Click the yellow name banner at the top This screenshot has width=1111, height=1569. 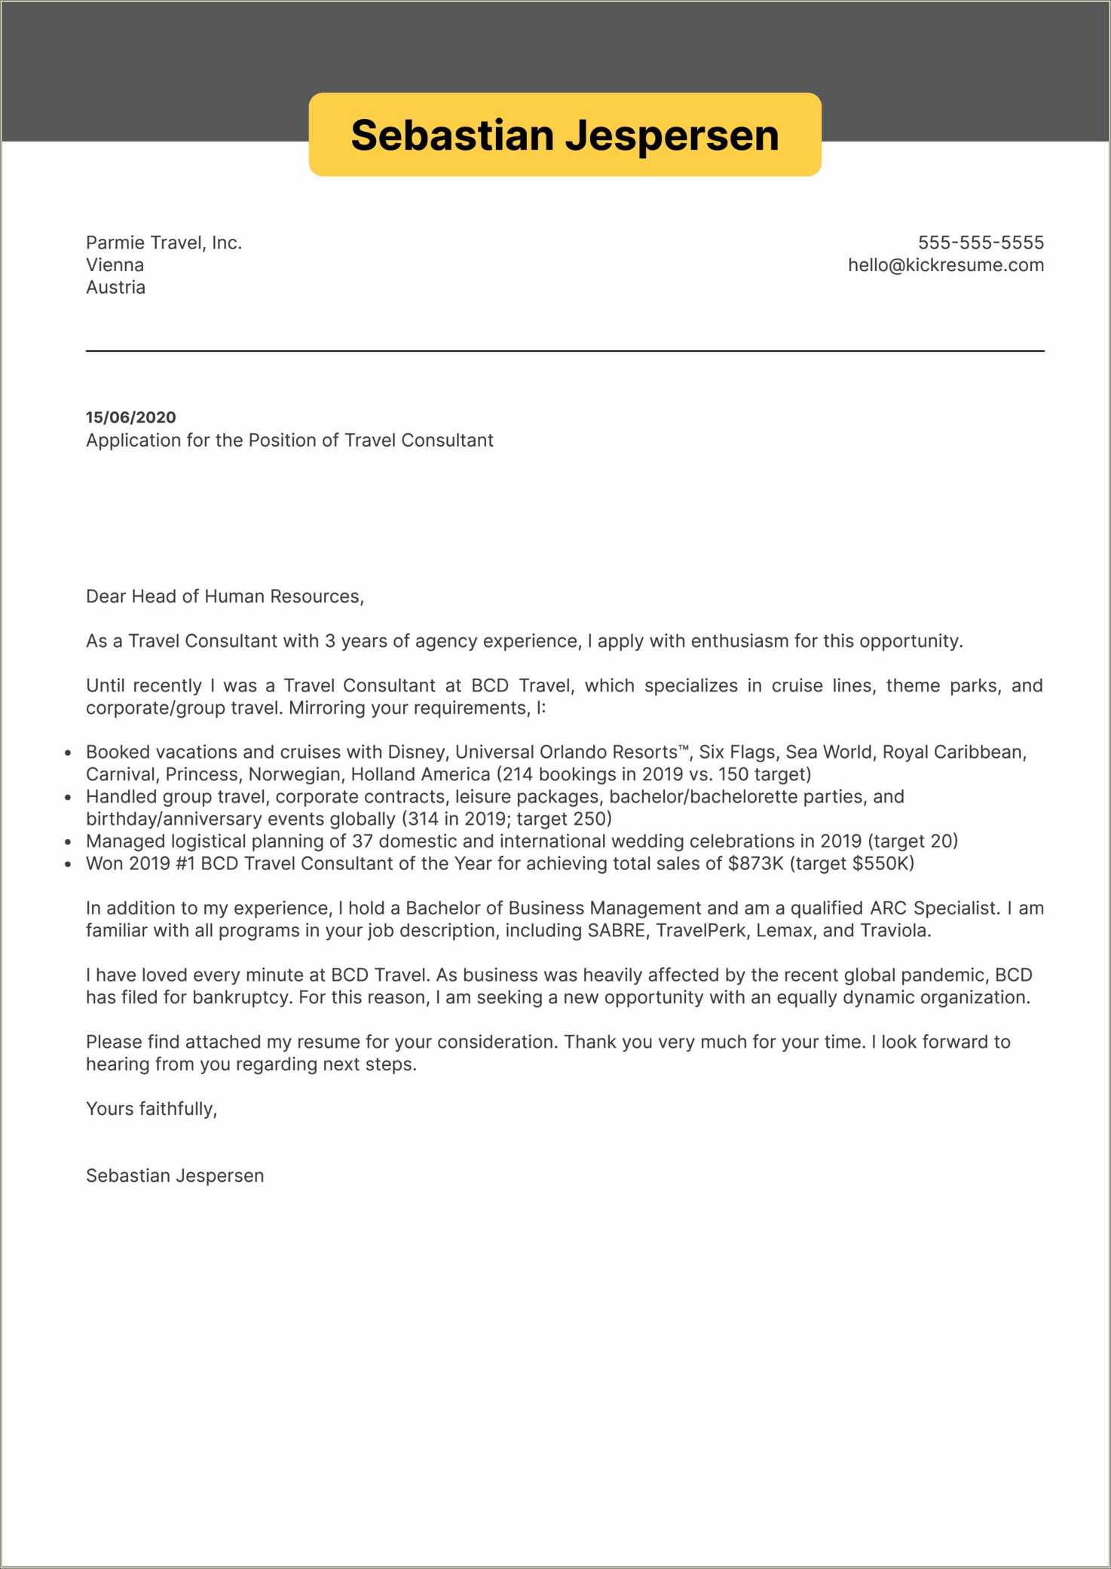565,135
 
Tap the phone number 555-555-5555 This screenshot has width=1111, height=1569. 980,243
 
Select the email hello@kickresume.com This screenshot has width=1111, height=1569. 945,265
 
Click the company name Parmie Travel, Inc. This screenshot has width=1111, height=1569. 164,243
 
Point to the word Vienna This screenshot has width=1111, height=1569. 115,265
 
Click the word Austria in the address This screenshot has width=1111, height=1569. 115,287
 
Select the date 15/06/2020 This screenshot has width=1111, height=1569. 130,417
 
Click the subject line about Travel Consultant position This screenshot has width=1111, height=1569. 289,440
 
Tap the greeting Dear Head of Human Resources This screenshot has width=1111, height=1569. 225,597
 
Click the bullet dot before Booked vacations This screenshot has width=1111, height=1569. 68,753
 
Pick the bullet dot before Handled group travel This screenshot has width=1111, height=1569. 68,798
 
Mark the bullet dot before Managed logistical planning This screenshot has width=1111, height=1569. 68,842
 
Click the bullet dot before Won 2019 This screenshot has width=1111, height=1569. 68,865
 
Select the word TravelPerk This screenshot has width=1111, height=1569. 700,931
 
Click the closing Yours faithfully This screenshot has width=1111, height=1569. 151,1109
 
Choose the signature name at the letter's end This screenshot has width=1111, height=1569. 175,1176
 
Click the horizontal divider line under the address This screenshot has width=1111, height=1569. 565,351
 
